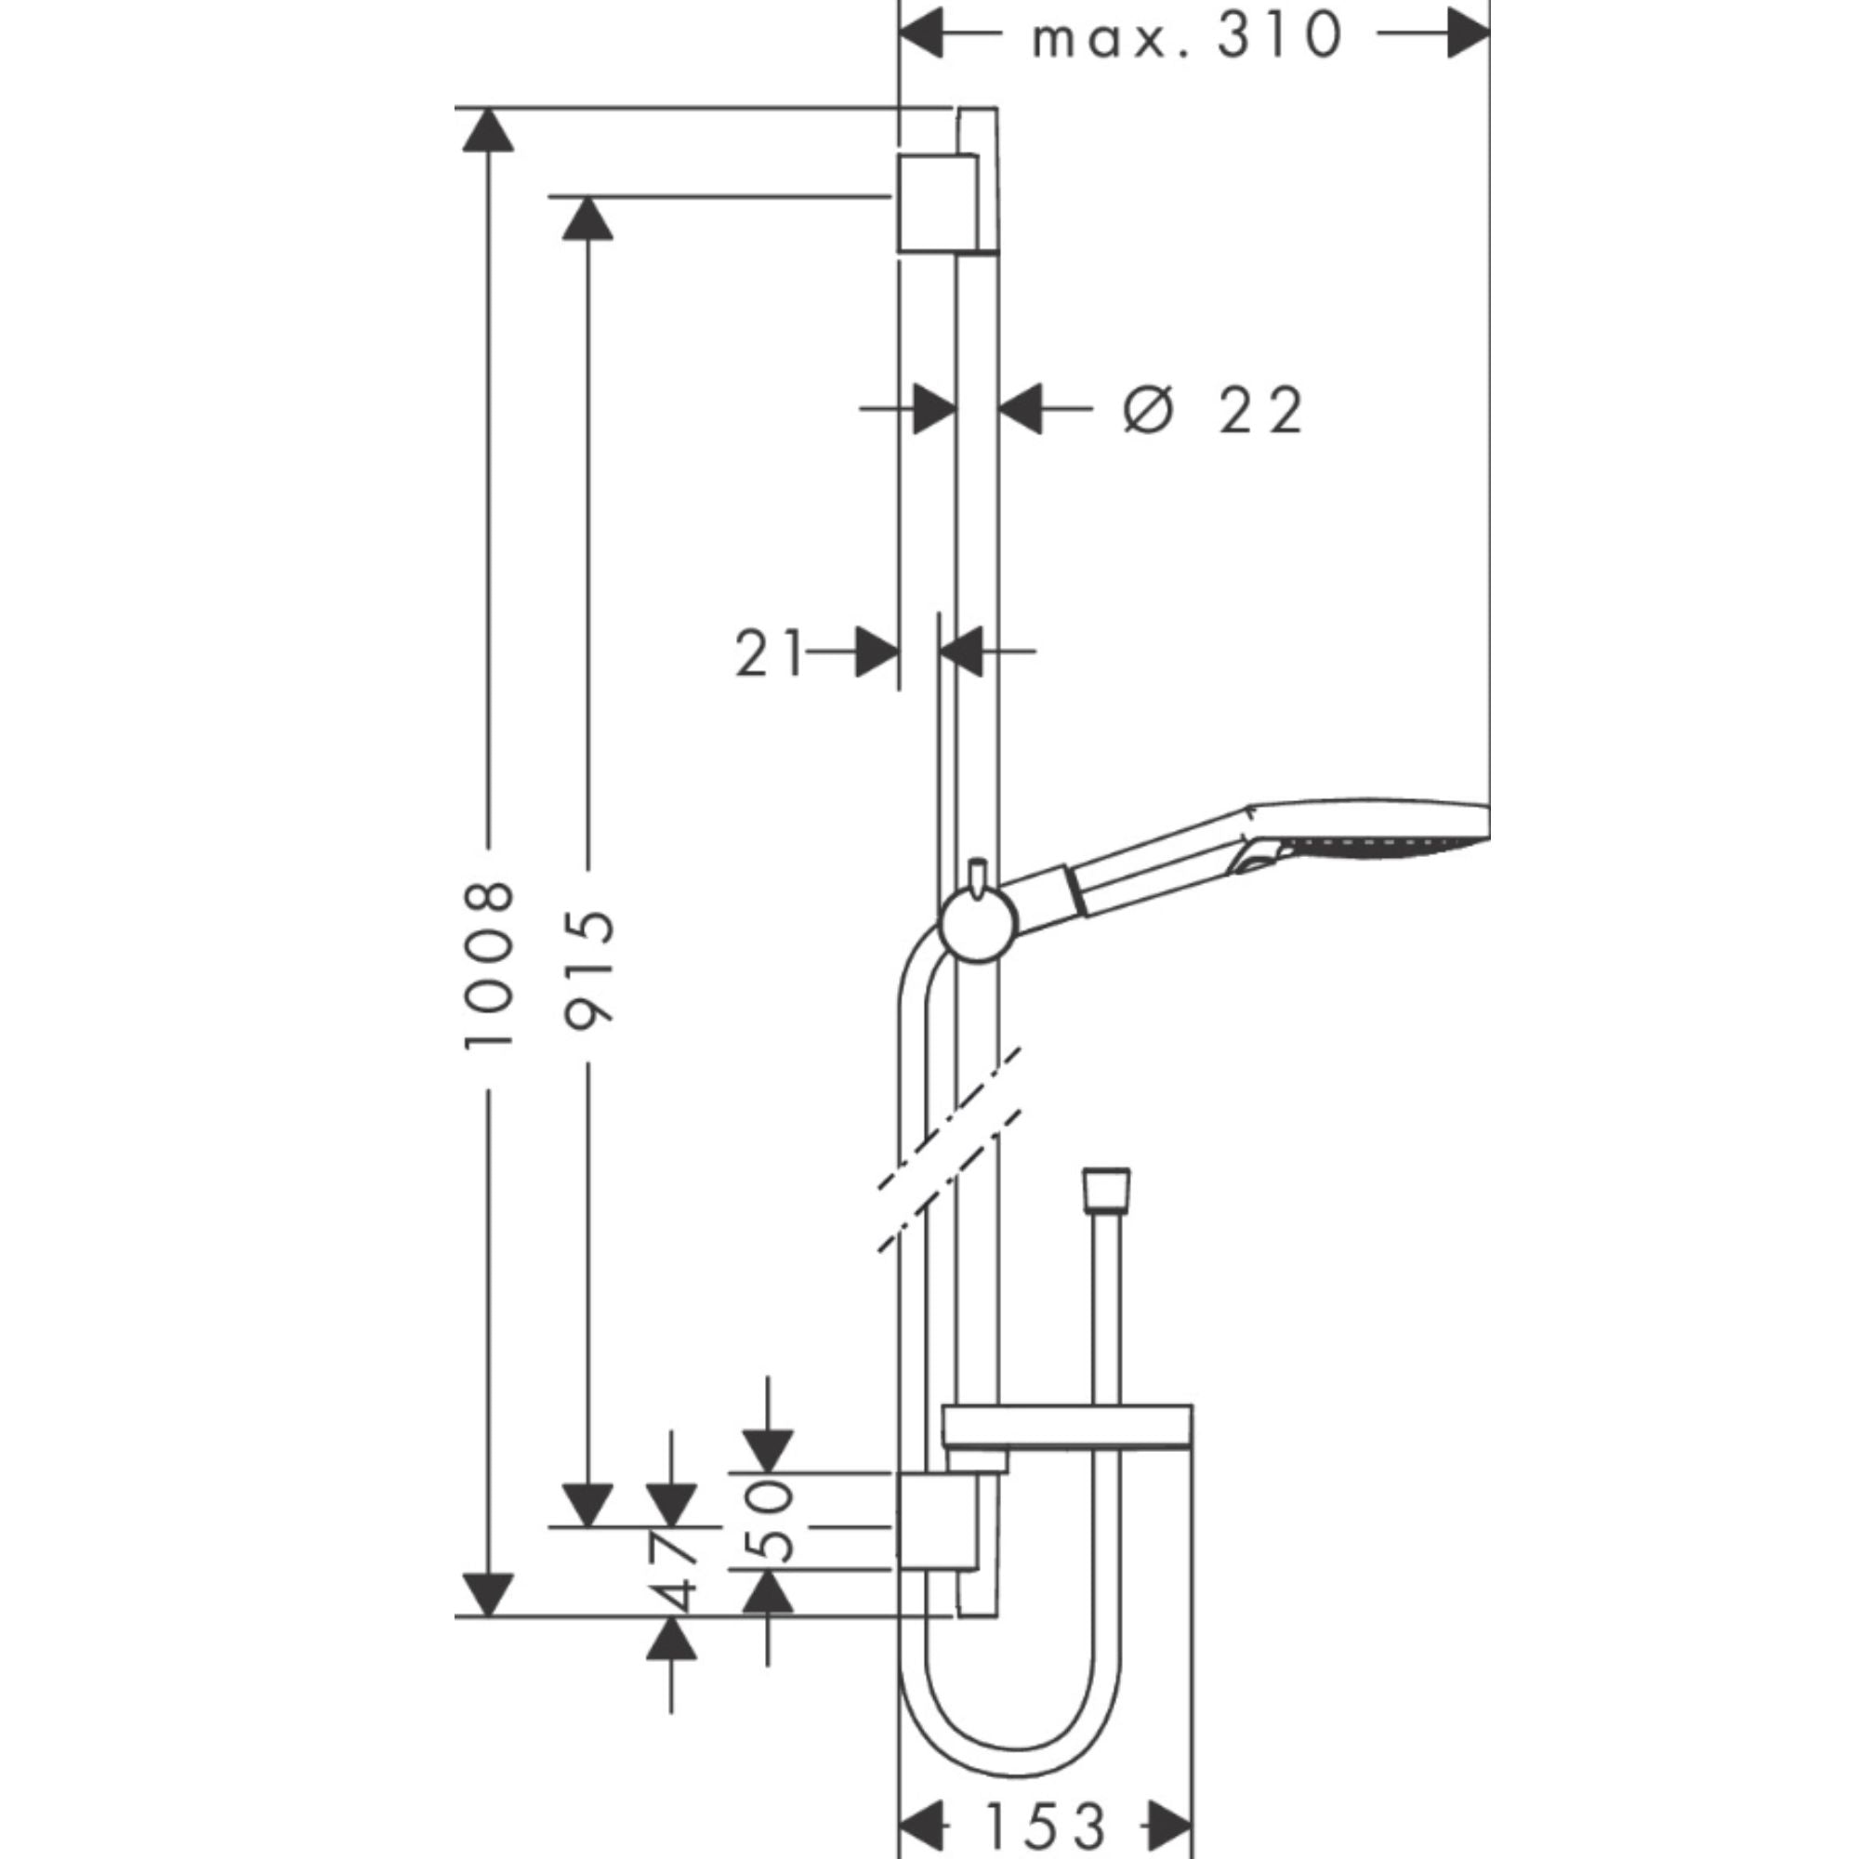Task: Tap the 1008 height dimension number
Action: point(489,965)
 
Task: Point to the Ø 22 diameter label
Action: point(1214,411)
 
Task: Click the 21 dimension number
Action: point(768,653)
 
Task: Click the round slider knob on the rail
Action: point(978,925)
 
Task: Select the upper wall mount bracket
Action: point(938,203)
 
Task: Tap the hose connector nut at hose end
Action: point(1105,1190)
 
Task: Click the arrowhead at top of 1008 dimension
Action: point(488,130)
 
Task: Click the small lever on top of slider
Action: point(980,876)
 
